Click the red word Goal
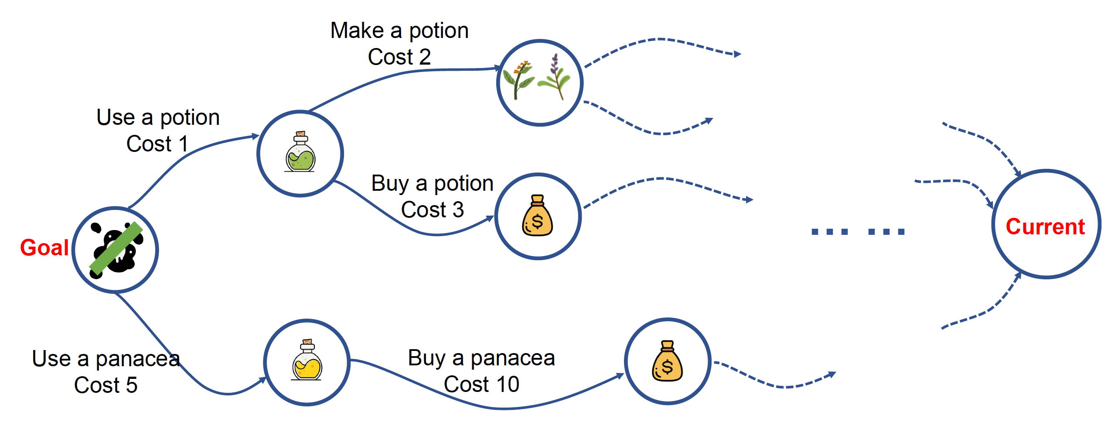pos(44,248)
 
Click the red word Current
pos(1045,227)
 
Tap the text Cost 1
pos(157,144)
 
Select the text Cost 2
pos(399,57)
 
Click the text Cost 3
pos(432,210)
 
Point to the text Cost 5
pos(106,385)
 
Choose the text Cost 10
pos(481,385)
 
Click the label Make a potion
pos(399,31)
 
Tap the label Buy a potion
pos(432,183)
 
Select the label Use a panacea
pos(106,359)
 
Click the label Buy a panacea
pos(481,358)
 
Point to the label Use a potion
pos(158,117)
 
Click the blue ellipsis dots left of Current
pos(858,232)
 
